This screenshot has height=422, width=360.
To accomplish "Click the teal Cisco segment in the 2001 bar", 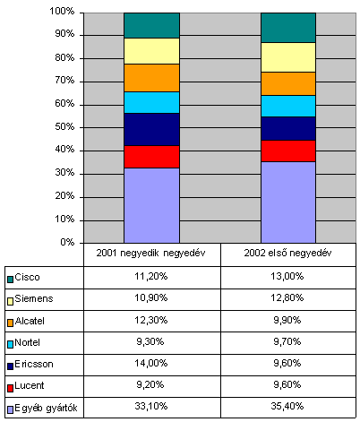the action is coord(151,25).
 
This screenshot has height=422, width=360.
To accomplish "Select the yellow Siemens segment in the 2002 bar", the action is coord(288,57).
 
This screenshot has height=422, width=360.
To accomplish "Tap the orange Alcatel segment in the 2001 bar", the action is coord(151,78).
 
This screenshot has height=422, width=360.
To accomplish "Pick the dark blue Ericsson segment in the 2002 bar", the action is coord(288,128).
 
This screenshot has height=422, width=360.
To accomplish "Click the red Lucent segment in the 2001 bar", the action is coord(151,157).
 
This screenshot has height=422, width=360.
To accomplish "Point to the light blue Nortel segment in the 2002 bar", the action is coord(288,106).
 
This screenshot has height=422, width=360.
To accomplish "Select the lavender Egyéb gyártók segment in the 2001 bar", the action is coord(151,205).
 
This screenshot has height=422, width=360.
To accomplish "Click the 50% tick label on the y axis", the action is coord(64,127).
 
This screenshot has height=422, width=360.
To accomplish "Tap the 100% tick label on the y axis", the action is coord(62,12).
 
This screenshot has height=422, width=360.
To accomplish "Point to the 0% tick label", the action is coord(67,242).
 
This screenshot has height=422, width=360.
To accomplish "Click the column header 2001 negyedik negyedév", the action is coord(150,254).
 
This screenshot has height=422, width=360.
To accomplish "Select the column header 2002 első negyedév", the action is coord(287,254).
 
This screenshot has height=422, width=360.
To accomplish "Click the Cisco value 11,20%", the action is coord(151,276).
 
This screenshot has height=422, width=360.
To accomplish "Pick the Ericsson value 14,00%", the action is coord(151,363).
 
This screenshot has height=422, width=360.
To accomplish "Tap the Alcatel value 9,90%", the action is coord(287,320).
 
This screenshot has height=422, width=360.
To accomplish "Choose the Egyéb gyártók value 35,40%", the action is coord(287,406).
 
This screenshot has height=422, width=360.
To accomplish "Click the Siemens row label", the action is coord(34,298).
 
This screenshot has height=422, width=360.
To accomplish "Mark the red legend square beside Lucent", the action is coord(11,388).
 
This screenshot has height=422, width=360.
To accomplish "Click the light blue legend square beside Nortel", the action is coord(11,345).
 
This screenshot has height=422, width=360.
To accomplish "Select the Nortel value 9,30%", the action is coord(150,341).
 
